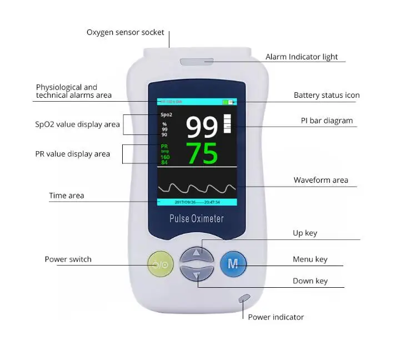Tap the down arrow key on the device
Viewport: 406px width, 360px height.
(x=196, y=274)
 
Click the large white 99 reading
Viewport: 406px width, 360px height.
(x=202, y=127)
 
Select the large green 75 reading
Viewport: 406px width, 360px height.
(x=202, y=153)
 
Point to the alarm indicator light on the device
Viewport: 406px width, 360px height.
(x=196, y=62)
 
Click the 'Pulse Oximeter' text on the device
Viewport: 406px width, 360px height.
(x=197, y=218)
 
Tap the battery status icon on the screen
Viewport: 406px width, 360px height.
(x=228, y=102)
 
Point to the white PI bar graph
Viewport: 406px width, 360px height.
(x=227, y=123)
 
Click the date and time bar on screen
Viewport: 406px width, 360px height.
(x=197, y=202)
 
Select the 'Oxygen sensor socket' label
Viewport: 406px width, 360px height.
(x=126, y=32)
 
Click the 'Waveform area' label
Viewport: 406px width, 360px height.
(x=321, y=180)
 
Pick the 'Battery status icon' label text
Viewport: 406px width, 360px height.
(x=327, y=95)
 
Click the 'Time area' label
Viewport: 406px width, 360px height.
(x=67, y=196)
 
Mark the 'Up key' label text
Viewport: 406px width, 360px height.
(x=305, y=233)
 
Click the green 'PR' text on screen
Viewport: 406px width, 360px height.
(x=164, y=146)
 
